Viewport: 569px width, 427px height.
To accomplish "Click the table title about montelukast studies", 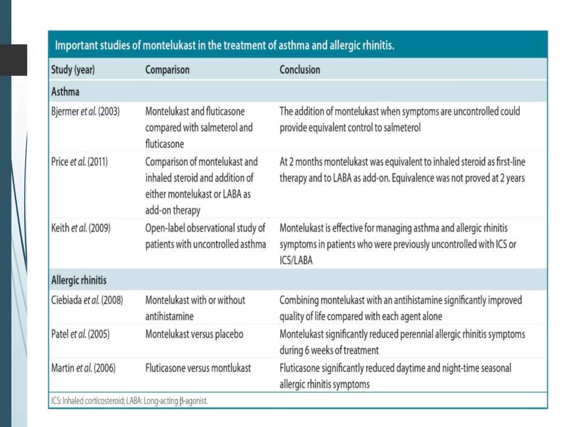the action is click(224, 45).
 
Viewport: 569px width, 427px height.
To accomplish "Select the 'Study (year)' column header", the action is click(73, 69).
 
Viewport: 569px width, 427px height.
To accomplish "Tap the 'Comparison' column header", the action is click(167, 69).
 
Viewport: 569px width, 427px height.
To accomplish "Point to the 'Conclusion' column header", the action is click(300, 69).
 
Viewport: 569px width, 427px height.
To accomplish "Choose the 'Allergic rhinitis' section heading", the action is click(79, 280).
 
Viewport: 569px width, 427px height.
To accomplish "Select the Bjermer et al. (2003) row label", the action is click(85, 111).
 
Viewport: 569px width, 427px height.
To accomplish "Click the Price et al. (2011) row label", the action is click(79, 162).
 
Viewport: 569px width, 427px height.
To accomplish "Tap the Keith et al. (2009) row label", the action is click(81, 228).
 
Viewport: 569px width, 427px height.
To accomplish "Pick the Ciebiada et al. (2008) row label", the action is click(87, 300).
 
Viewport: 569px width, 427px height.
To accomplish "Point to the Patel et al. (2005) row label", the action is click(80, 334).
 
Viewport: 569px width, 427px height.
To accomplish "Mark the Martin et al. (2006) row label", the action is click(83, 368).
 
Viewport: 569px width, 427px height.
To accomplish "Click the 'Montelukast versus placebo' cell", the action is click(194, 334).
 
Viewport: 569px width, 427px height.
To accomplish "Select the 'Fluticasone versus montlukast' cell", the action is click(198, 368).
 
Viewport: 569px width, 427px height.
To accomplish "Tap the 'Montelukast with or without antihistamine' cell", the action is click(195, 308).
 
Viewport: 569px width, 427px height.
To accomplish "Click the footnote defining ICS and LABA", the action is click(129, 401).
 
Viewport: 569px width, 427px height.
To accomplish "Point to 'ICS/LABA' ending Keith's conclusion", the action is click(296, 260).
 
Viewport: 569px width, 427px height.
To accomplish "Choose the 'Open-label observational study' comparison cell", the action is click(206, 236).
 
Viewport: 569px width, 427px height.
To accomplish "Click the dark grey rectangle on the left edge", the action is click(14, 60).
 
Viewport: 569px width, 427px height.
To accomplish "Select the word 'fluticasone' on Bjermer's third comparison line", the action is click(164, 144).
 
